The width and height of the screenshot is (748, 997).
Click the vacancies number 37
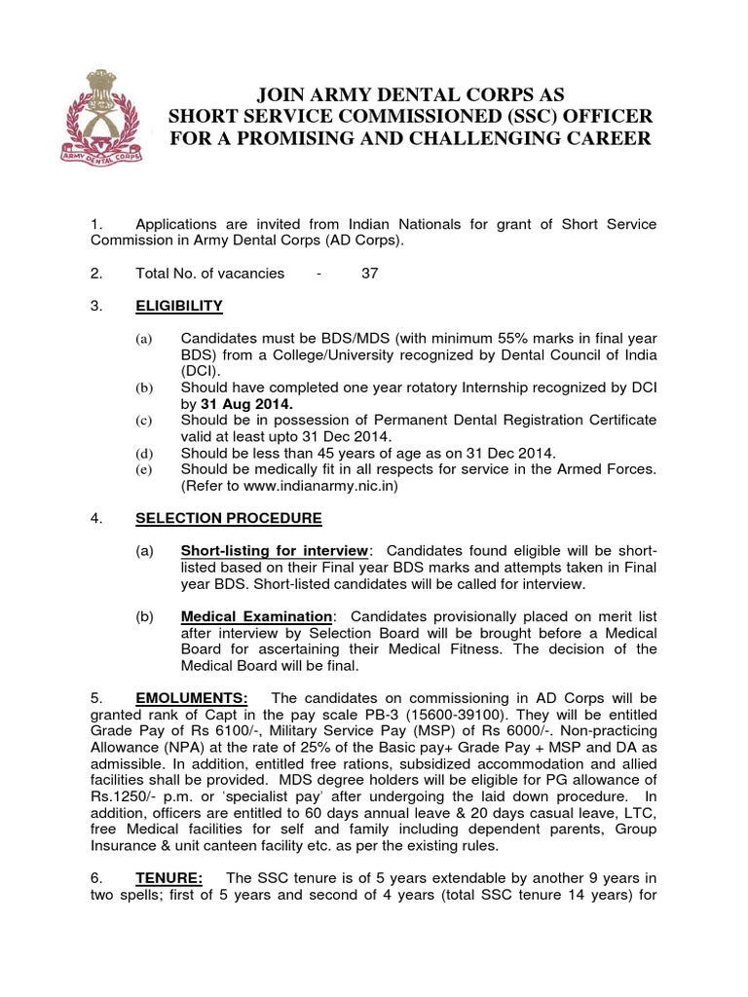click(369, 274)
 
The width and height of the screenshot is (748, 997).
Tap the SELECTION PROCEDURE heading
click(227, 518)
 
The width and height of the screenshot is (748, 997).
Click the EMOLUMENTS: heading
click(192, 698)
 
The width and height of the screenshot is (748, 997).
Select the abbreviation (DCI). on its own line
click(201, 371)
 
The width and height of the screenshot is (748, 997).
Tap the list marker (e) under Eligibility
click(143, 470)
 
